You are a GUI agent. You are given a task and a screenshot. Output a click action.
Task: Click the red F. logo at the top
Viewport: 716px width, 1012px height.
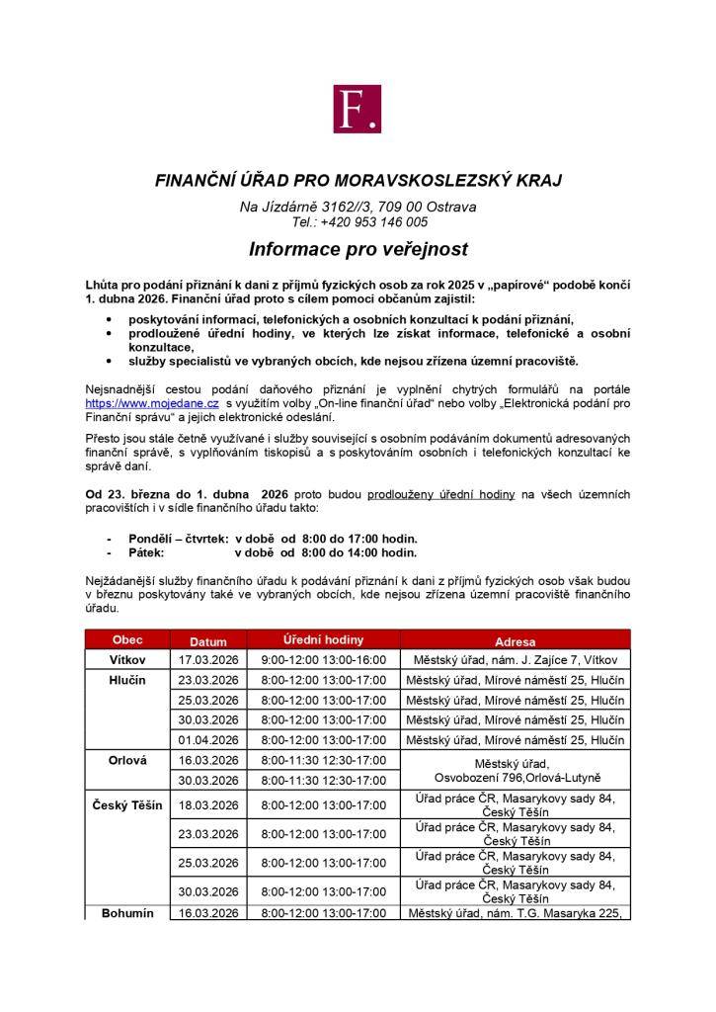pyautogui.click(x=358, y=109)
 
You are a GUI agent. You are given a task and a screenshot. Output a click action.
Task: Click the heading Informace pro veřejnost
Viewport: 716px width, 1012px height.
pyautogui.click(x=358, y=248)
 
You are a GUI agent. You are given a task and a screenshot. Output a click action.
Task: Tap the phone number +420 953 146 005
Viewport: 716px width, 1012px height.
pyautogui.click(x=373, y=222)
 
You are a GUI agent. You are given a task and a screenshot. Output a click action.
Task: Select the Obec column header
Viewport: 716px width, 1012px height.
pyautogui.click(x=127, y=639)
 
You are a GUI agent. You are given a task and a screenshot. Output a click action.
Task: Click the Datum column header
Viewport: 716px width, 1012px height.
pyautogui.click(x=208, y=640)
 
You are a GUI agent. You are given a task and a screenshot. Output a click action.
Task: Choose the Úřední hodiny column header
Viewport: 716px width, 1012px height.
pyautogui.click(x=322, y=639)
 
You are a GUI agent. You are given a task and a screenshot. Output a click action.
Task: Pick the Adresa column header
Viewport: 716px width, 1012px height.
pyautogui.click(x=517, y=640)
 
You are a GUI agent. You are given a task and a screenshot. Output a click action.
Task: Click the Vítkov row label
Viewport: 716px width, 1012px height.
pyautogui.click(x=127, y=659)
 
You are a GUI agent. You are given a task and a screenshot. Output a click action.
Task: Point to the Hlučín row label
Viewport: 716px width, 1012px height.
pyautogui.click(x=127, y=680)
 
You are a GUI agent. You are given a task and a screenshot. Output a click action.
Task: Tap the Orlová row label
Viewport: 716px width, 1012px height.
pyautogui.click(x=127, y=760)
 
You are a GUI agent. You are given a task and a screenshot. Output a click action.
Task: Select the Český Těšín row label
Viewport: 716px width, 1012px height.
pyautogui.click(x=127, y=805)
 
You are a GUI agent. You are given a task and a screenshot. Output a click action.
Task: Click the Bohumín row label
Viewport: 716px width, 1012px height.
pyautogui.click(x=127, y=913)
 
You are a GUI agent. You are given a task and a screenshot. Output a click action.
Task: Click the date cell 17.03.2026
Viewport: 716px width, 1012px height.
pyautogui.click(x=208, y=659)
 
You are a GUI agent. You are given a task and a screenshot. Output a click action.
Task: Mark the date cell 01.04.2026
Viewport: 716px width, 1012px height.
pyautogui.click(x=208, y=740)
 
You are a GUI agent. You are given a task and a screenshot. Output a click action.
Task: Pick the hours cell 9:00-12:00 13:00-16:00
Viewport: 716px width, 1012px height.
pyautogui.click(x=323, y=659)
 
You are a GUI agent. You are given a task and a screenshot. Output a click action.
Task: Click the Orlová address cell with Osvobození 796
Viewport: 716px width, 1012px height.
pyautogui.click(x=517, y=770)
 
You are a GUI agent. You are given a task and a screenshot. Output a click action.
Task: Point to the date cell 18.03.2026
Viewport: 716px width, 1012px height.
pyautogui.click(x=208, y=805)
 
